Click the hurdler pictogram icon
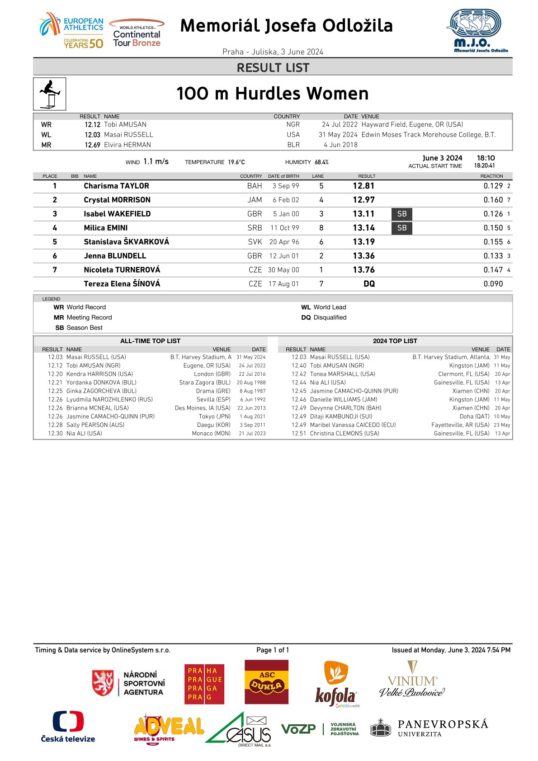[x=49, y=94]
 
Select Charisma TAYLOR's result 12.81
[x=363, y=186]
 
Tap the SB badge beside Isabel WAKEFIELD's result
[x=401, y=214]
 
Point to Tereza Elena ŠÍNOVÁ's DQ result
[x=369, y=284]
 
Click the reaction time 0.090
[x=493, y=284]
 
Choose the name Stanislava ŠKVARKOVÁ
[x=126, y=242]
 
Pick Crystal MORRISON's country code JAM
[x=255, y=200]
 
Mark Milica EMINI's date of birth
[x=284, y=228]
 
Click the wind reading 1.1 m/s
[x=156, y=161]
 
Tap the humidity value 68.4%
[x=321, y=162]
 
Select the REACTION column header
[x=491, y=176]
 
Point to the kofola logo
[x=336, y=684]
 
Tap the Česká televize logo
[x=68, y=727]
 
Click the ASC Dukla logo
[x=266, y=681]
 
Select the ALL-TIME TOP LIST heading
[x=150, y=341]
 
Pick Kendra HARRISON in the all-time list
[x=99, y=374]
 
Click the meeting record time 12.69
[x=92, y=145]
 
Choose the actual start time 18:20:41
[x=484, y=166]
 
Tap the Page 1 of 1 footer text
[x=272, y=650]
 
